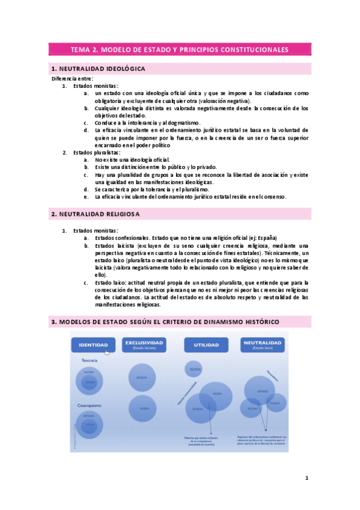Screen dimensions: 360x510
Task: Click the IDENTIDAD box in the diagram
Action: tap(93, 345)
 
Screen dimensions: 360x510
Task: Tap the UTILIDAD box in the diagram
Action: tap(206, 345)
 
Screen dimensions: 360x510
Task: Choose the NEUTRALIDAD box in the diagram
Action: tap(262, 344)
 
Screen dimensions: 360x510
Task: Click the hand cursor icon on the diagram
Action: tap(106, 351)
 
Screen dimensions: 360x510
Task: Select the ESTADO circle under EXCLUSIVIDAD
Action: tap(143, 378)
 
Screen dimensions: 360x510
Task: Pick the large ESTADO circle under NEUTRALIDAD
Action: tap(260, 391)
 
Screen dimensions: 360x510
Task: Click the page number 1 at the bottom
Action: tap(306, 478)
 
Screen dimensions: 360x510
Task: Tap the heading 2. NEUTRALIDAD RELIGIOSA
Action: tap(96, 214)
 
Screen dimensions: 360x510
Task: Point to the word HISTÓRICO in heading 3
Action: tap(256, 322)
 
